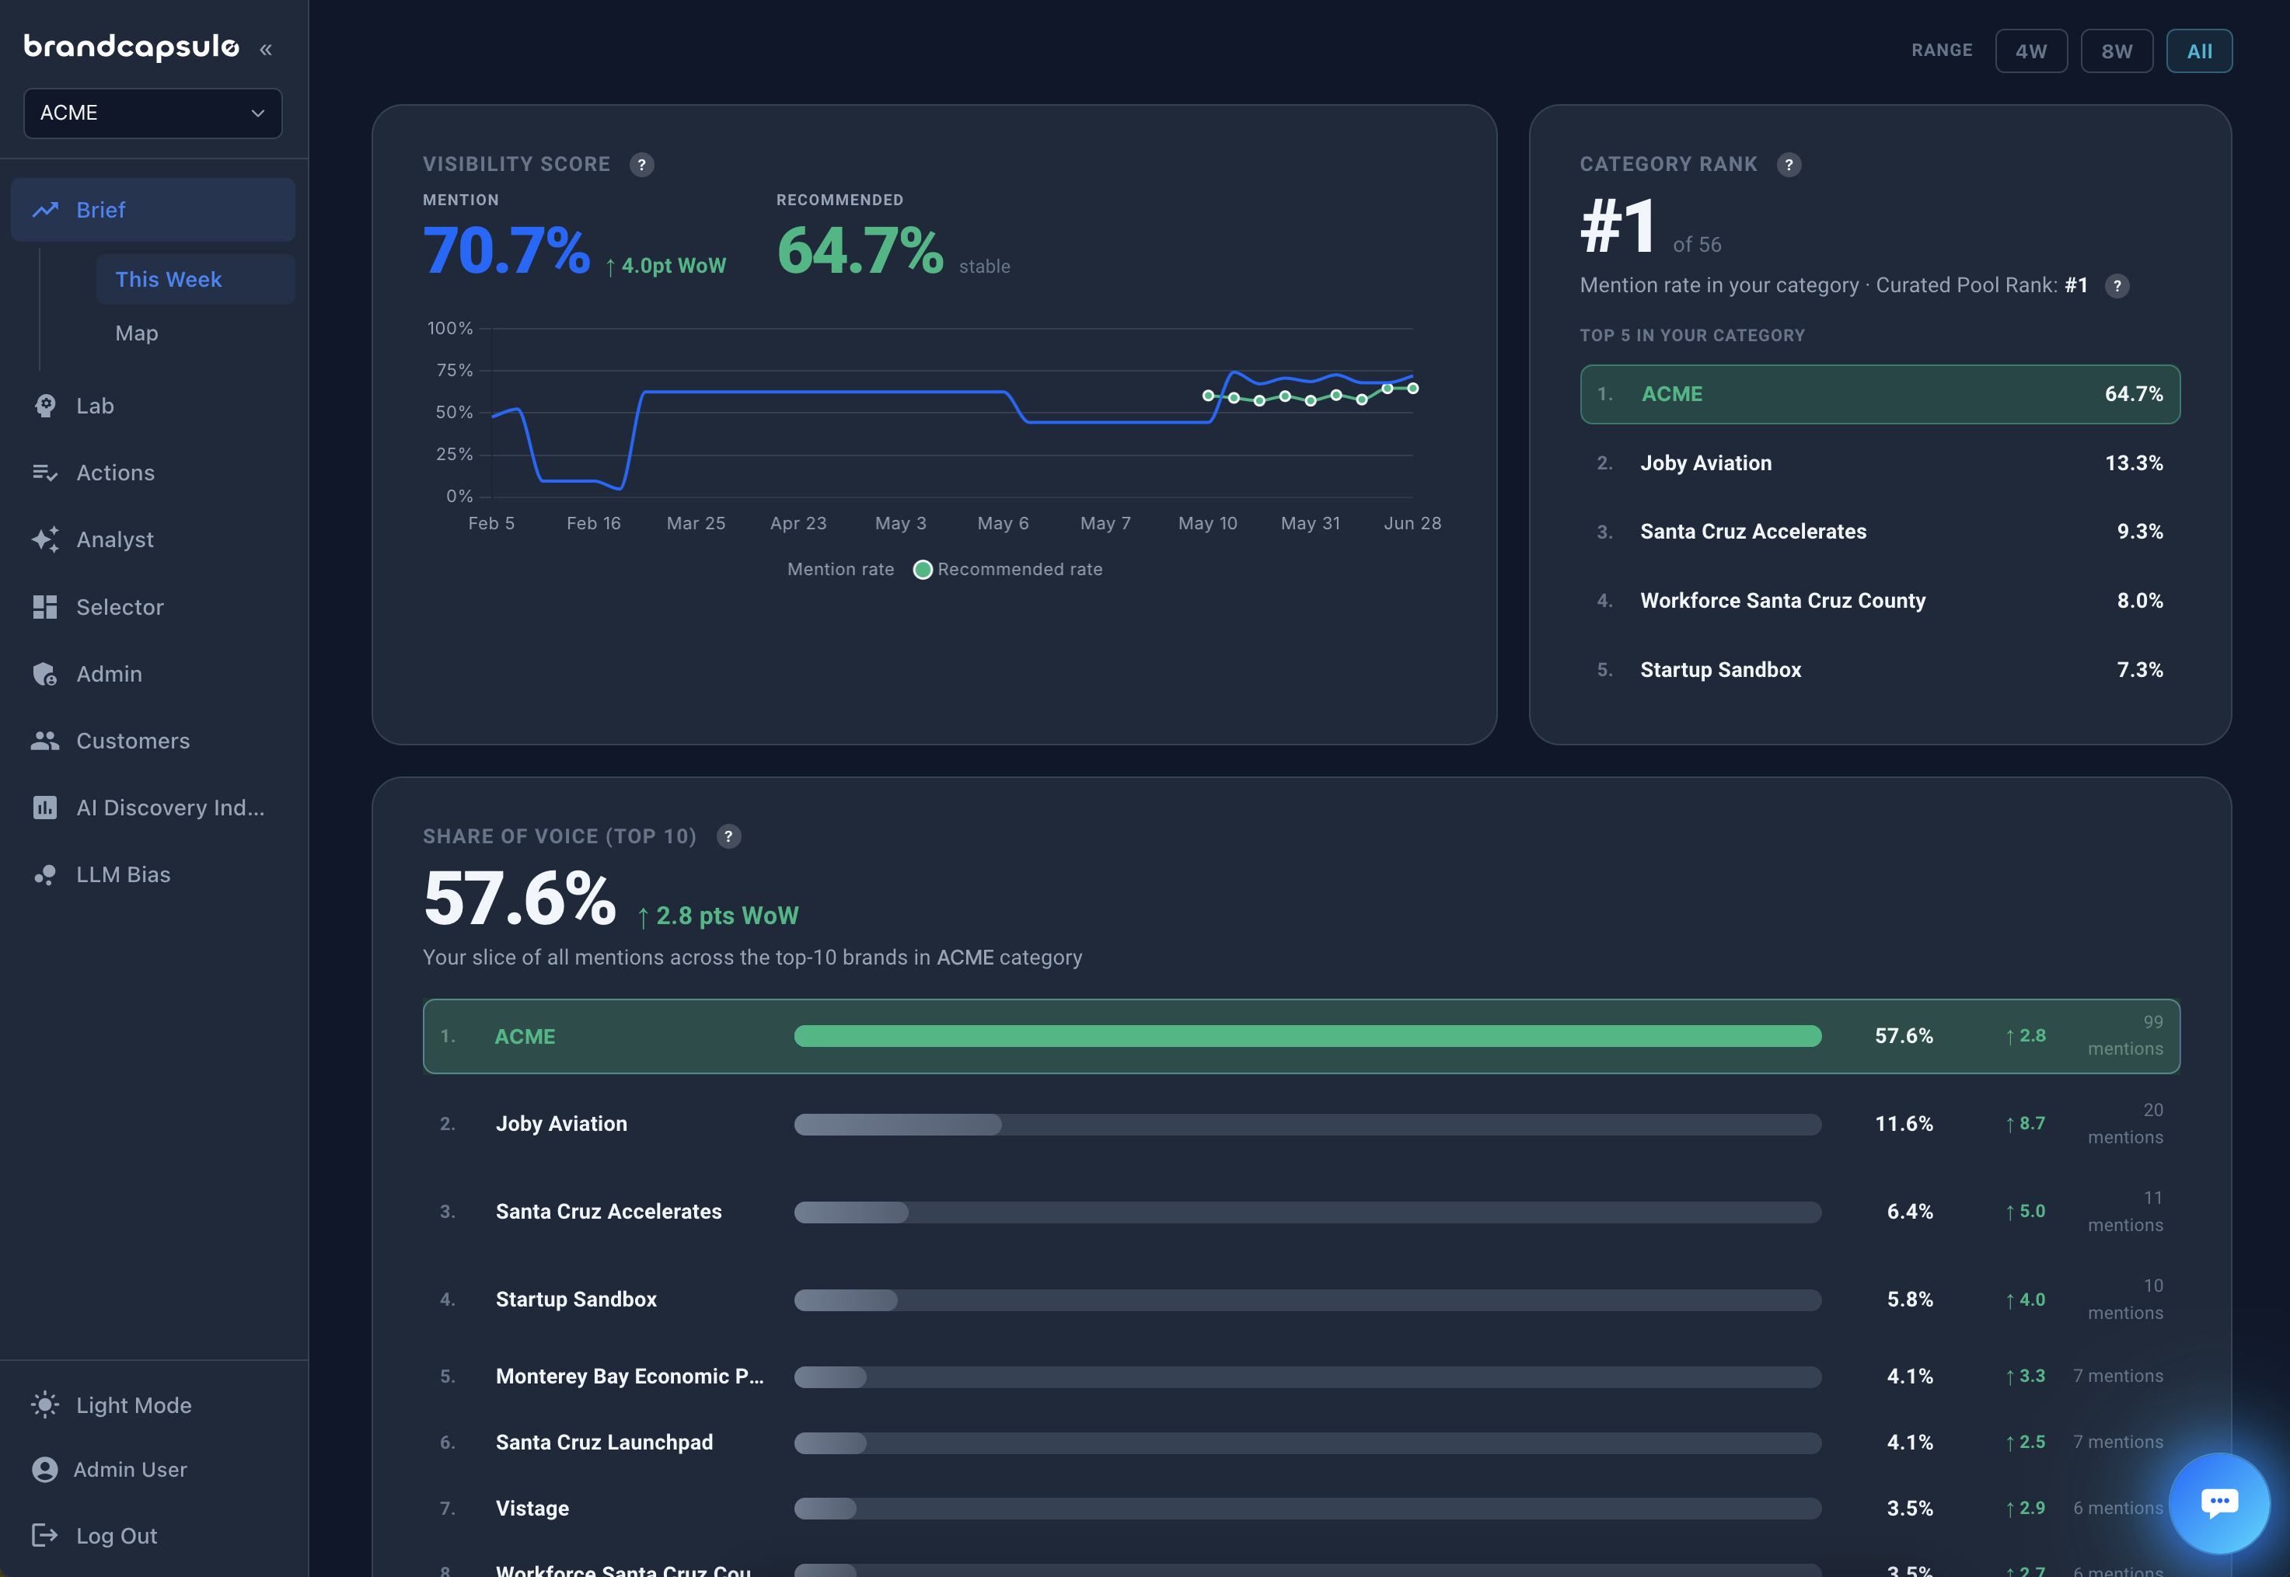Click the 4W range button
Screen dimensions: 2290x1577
[2031, 51]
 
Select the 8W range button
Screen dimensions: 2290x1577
[2116, 51]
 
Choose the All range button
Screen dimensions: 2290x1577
[2199, 51]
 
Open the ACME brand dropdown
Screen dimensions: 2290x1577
[153, 113]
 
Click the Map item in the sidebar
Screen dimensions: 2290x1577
[136, 333]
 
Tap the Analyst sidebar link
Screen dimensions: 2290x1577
[114, 539]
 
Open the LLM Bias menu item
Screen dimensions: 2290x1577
[123, 874]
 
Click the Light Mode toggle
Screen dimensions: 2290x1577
[134, 1405]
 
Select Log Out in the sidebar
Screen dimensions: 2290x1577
[116, 1536]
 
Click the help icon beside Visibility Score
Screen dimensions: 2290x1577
[642, 165]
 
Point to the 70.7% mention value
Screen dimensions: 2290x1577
[507, 250]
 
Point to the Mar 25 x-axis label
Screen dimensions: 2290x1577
[696, 524]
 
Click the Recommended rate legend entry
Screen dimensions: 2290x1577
[1007, 569]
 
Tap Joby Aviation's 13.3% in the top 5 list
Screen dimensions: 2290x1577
[2134, 463]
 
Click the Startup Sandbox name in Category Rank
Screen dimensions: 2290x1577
[1721, 670]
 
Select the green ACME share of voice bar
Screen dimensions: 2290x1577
[1307, 1035]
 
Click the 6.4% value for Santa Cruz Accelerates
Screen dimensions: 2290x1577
[1910, 1212]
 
